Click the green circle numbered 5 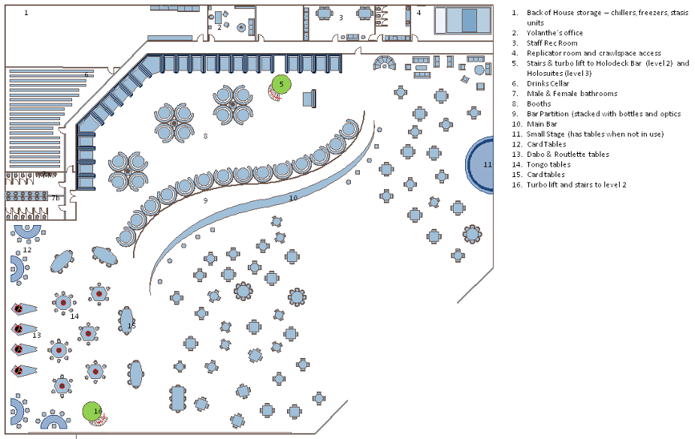(281, 84)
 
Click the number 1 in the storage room (26, 13)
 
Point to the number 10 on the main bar (293, 197)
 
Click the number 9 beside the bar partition (205, 200)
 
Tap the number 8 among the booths (204, 136)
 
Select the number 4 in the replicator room (419, 13)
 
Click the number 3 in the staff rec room (340, 17)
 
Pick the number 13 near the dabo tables (36, 335)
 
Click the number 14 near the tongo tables (74, 316)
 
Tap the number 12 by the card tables (27, 249)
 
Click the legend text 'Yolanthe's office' (554, 33)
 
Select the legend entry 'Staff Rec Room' (552, 43)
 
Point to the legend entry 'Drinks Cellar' (548, 83)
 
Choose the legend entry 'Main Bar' (542, 124)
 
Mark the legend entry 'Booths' (539, 104)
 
